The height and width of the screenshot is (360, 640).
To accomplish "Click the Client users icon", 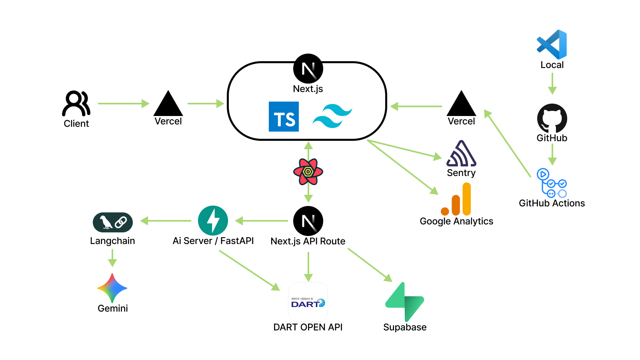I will [x=76, y=103].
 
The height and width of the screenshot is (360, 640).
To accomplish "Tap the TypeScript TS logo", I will [x=284, y=117].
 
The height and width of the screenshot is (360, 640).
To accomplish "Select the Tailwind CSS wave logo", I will [x=332, y=116].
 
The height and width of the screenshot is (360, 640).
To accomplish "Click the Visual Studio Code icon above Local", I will [x=552, y=44].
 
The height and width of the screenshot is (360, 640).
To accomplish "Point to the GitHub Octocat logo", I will [x=552, y=118].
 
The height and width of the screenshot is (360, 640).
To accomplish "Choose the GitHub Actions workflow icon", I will [x=552, y=183].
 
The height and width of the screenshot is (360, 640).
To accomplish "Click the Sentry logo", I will [x=461, y=154].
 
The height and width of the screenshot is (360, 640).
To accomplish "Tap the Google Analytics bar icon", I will [x=456, y=200].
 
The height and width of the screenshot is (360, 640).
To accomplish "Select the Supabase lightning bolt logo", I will [x=404, y=302].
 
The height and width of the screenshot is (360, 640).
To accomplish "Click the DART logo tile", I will [x=308, y=302].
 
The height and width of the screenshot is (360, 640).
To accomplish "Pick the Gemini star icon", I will [x=112, y=288].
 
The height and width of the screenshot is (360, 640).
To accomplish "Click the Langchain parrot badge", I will [x=113, y=222].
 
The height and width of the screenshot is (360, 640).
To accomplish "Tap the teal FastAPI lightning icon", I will [x=213, y=221].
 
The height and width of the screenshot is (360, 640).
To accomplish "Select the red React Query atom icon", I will [x=308, y=172].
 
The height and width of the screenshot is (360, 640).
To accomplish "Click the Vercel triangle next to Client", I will [x=168, y=105].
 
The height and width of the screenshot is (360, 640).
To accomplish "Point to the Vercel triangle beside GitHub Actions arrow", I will [x=461, y=105].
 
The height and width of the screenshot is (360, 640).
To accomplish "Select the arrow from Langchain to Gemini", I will [x=112, y=258].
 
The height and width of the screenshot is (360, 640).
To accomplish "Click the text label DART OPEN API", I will [x=308, y=327].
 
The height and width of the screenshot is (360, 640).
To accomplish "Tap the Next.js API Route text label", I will [x=308, y=241].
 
